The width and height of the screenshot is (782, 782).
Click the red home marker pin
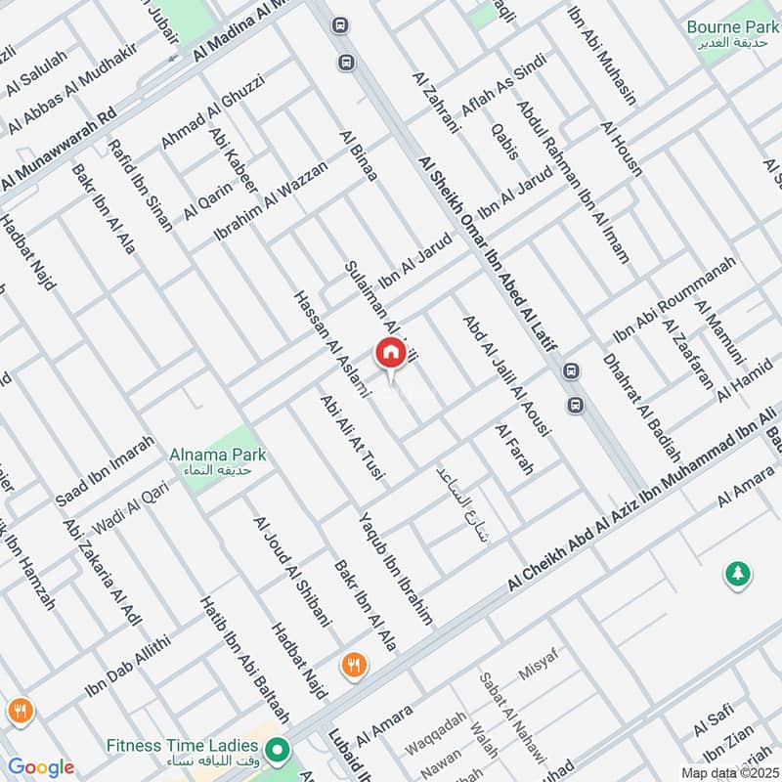(389, 353)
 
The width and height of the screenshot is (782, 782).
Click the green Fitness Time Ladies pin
(279, 751)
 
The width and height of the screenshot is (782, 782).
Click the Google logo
(40, 767)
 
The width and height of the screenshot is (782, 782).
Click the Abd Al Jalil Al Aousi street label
(506, 374)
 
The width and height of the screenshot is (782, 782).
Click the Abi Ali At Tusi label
(353, 441)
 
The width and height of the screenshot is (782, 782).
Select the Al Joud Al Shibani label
(292, 571)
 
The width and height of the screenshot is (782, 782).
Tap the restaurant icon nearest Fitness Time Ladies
(354, 666)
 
